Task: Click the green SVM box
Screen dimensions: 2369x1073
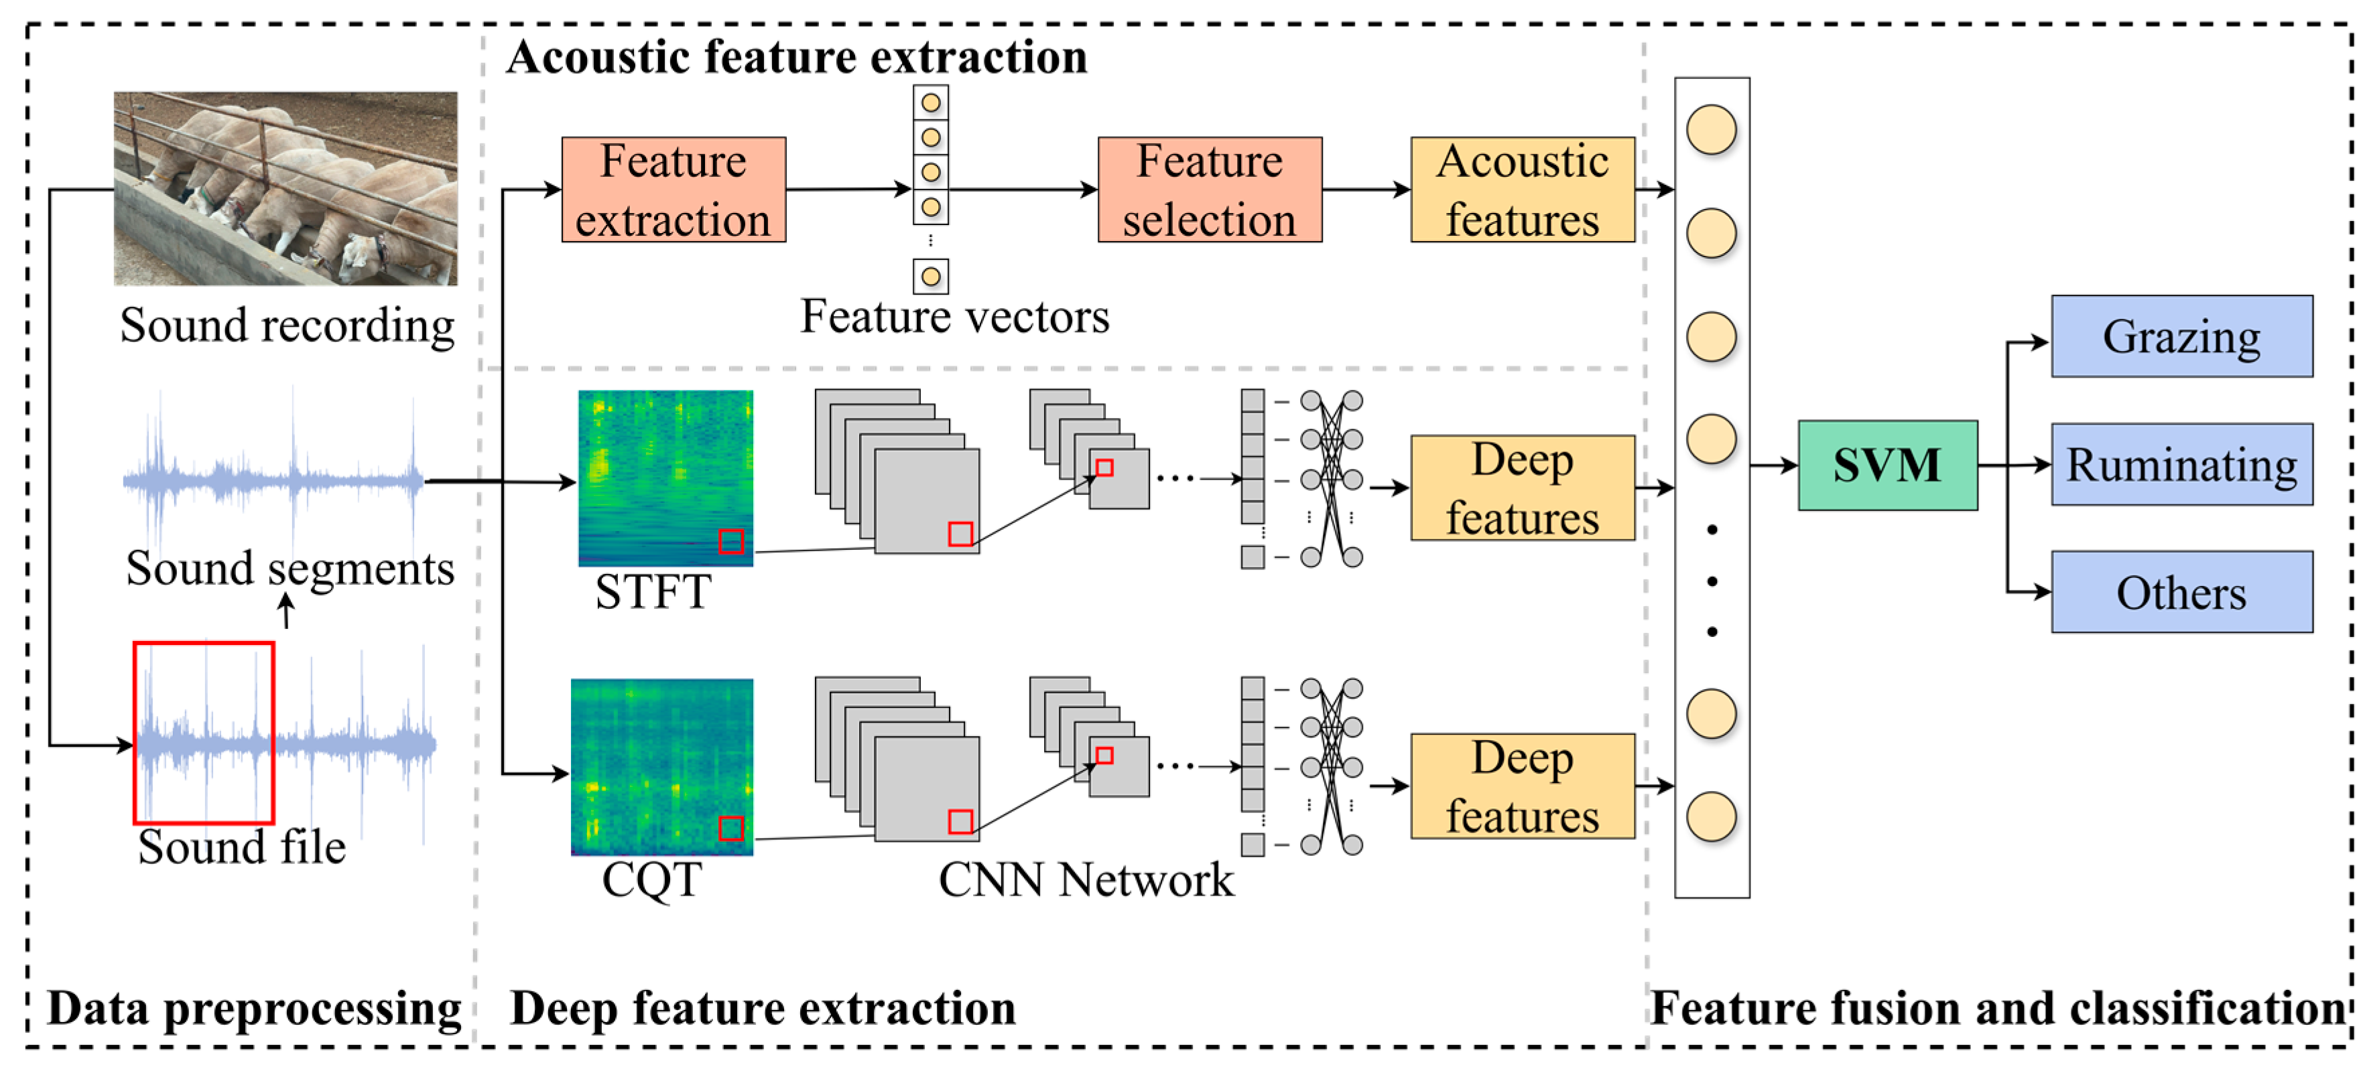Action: (x=1887, y=466)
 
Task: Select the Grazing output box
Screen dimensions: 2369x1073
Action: (x=2181, y=336)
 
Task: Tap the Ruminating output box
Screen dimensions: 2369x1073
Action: (x=2181, y=464)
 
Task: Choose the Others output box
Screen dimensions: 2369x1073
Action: (x=2181, y=592)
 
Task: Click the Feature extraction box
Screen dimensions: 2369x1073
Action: (x=674, y=190)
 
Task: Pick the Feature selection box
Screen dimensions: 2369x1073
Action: (x=1210, y=190)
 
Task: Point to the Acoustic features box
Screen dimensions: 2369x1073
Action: (x=1522, y=190)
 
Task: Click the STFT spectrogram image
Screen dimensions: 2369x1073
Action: (x=666, y=478)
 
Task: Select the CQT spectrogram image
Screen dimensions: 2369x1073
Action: (x=662, y=767)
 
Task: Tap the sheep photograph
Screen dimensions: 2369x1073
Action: (x=285, y=188)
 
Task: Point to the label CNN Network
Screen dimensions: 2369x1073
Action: (x=1086, y=880)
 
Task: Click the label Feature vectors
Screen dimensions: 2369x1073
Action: (x=954, y=316)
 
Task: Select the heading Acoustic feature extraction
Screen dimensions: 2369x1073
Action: (x=796, y=57)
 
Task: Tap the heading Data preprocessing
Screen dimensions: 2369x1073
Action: (x=255, y=1009)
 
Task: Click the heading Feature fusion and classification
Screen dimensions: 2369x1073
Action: (x=1998, y=1009)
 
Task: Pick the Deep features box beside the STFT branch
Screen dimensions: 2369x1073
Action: (x=1522, y=488)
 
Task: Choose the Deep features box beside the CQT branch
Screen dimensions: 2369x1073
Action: (x=1522, y=786)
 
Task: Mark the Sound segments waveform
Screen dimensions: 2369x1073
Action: (x=274, y=478)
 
